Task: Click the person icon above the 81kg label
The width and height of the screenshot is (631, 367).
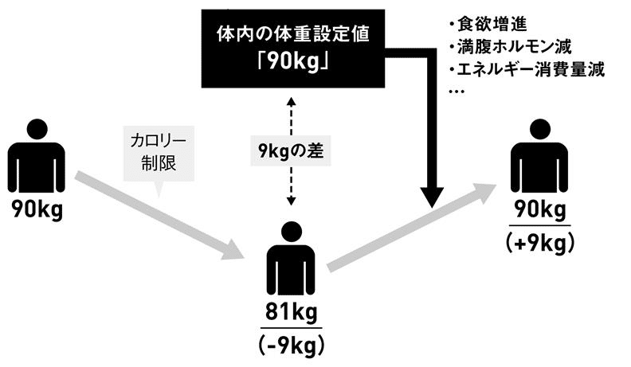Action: click(291, 260)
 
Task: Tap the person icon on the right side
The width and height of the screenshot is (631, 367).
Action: click(541, 155)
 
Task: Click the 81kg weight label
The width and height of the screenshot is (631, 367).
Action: click(291, 312)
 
